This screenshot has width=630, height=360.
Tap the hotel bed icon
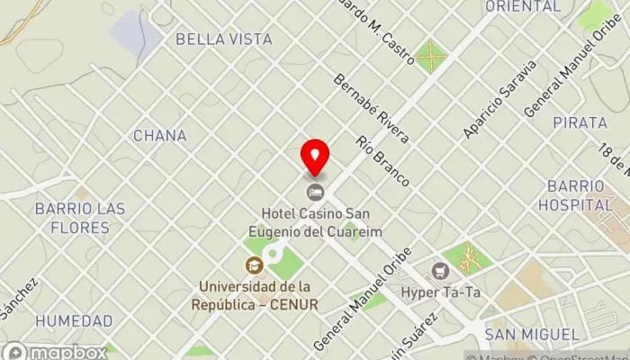click(x=315, y=191)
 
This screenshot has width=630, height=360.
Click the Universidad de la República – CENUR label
click(x=259, y=295)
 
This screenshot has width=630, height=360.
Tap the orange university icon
click(x=254, y=265)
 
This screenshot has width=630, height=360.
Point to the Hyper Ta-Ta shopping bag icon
click(x=440, y=270)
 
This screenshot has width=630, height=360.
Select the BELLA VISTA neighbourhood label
click(x=223, y=39)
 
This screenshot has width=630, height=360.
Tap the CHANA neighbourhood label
click(x=159, y=136)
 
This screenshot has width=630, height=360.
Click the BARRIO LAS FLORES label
click(x=80, y=217)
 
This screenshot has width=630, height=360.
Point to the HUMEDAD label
click(x=75, y=321)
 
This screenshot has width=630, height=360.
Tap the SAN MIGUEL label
click(x=531, y=335)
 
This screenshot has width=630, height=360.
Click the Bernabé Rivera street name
click(x=371, y=108)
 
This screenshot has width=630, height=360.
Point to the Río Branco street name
click(x=382, y=161)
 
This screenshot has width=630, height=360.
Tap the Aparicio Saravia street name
click(x=499, y=99)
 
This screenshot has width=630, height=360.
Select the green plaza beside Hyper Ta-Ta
click(x=468, y=258)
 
